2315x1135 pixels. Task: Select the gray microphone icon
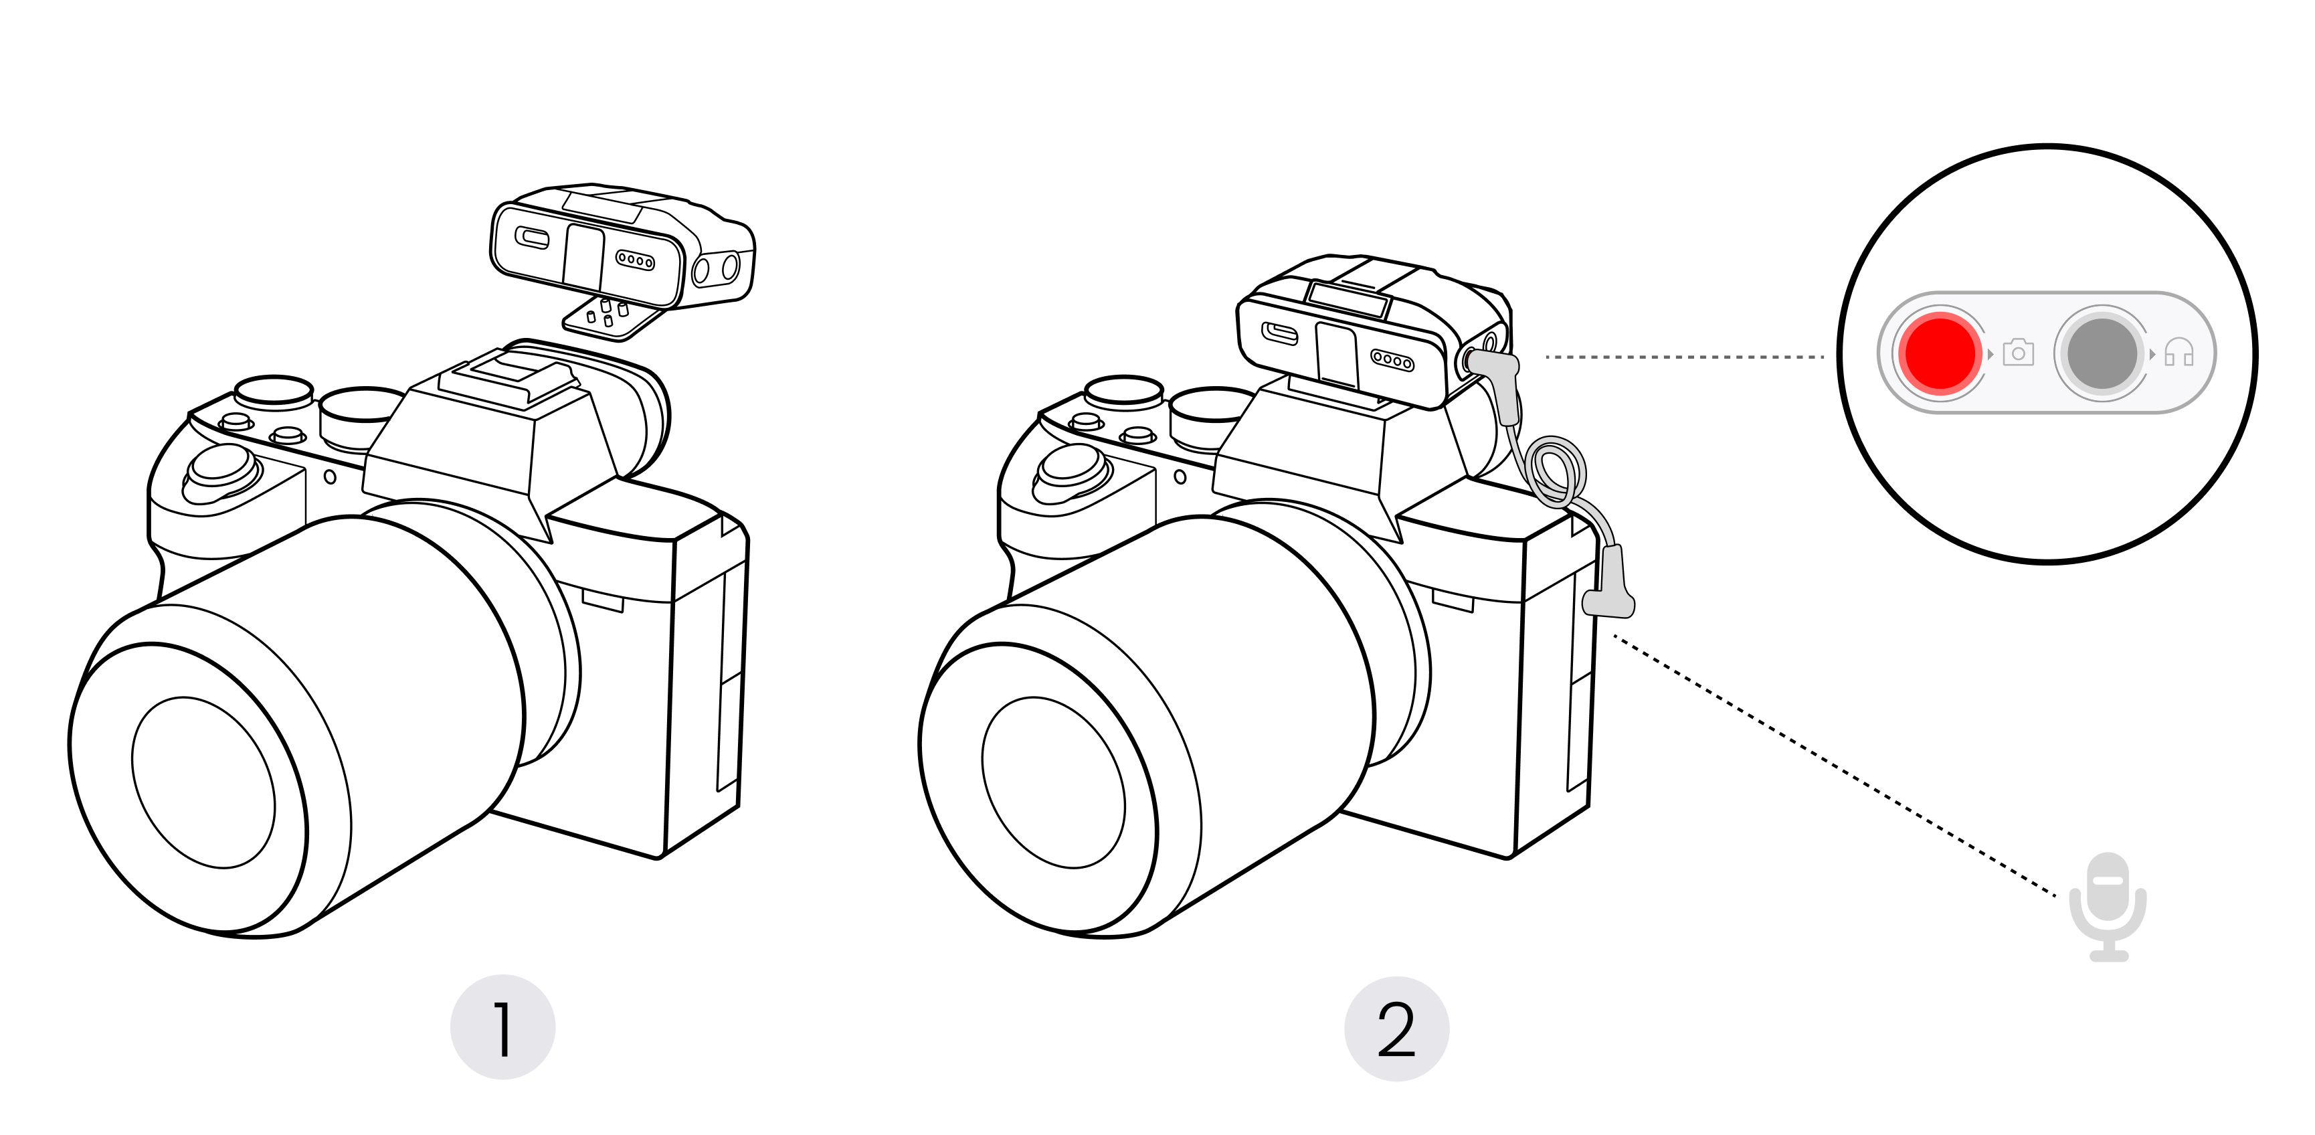[x=2108, y=907]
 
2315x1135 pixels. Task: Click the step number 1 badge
[x=502, y=1027]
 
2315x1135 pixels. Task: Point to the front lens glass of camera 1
[x=204, y=782]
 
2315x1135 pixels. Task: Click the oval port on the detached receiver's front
[x=532, y=238]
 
